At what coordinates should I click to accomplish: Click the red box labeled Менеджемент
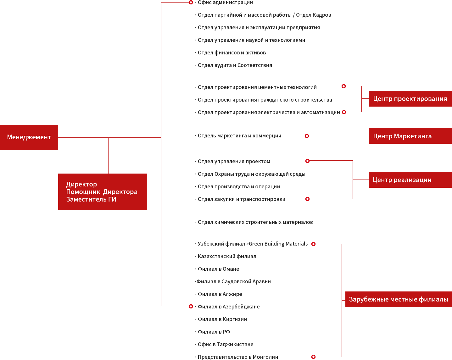coord(29,137)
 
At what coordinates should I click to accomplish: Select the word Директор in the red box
coord(81,184)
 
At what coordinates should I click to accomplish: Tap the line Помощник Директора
coord(102,192)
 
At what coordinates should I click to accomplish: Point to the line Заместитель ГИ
coord(91,199)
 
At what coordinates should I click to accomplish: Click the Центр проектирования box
coord(410,99)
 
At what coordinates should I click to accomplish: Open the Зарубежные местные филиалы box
coord(398,299)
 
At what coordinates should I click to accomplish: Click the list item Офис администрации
coord(225,3)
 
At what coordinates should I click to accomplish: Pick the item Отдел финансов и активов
coord(232,53)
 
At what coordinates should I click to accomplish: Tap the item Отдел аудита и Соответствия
coord(235,65)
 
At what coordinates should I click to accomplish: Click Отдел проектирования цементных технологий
coord(257,87)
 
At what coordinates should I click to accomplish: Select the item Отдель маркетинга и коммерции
coord(239,136)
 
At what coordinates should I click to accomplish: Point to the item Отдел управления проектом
coord(234,162)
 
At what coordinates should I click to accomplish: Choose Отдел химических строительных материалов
coord(255,222)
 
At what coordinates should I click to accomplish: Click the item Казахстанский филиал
coord(227,257)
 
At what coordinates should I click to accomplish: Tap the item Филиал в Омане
coord(218,269)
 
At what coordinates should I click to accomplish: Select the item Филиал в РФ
coord(214,332)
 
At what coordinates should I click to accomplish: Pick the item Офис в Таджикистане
coord(226,345)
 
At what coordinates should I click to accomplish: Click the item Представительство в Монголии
coord(238,357)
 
